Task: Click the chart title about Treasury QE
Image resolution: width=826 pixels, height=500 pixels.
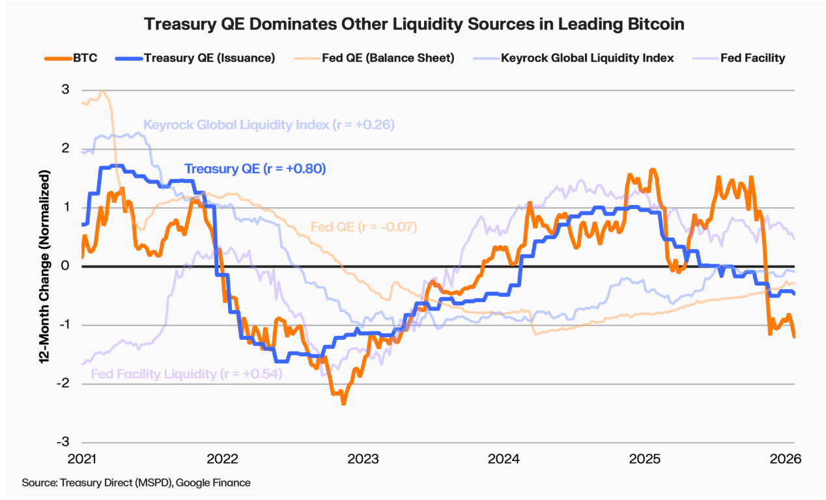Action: click(414, 24)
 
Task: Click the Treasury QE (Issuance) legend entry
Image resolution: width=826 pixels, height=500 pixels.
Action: click(195, 58)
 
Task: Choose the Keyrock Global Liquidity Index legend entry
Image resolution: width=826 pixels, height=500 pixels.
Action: click(577, 58)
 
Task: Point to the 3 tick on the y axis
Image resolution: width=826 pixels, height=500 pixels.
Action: click(65, 90)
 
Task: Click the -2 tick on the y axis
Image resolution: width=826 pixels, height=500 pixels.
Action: click(63, 384)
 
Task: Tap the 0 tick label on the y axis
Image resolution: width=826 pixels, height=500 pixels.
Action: click(65, 266)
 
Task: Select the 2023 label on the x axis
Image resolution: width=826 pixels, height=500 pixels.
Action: click(362, 459)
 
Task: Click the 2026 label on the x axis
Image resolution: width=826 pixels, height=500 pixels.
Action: click(784, 459)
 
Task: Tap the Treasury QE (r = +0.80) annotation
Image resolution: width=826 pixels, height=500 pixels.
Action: click(255, 169)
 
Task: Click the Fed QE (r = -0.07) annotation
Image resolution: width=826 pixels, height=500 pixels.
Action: click(363, 227)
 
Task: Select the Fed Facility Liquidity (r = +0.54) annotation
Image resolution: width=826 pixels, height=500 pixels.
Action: click(186, 374)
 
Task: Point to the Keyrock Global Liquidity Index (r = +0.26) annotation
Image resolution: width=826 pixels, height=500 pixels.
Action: click(269, 124)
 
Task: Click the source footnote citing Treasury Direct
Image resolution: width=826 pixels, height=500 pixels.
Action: click(136, 482)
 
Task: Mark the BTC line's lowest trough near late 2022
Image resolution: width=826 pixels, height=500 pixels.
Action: click(343, 404)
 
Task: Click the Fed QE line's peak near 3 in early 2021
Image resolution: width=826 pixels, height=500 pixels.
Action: click(102, 92)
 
